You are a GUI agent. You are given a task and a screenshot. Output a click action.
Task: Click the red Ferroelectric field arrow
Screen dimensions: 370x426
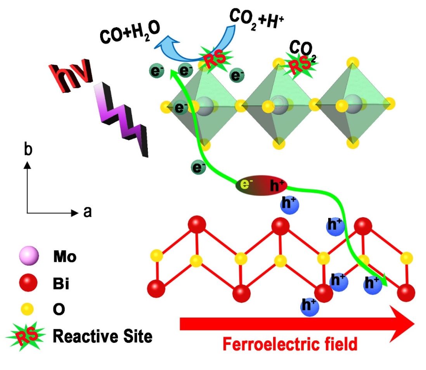(295, 324)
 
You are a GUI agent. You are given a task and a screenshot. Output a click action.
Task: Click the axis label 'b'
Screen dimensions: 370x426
(28, 150)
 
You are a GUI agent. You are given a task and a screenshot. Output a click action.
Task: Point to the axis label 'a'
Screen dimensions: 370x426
(87, 213)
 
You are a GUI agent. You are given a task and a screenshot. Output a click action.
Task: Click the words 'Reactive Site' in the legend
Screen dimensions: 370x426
(102, 336)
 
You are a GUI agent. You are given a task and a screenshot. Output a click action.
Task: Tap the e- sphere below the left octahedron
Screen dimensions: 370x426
(198, 168)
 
